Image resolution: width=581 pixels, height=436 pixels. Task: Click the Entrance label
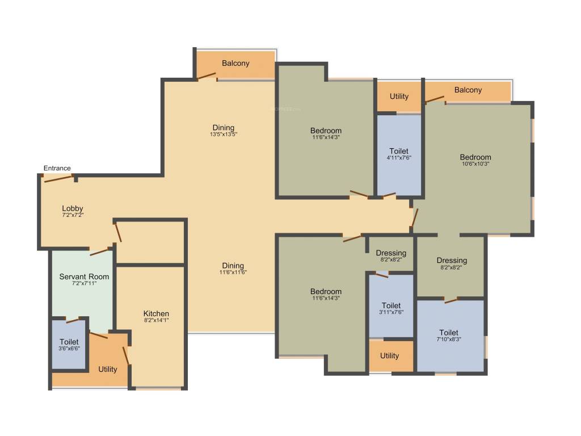[57, 168]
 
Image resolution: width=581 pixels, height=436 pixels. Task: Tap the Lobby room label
[73, 208]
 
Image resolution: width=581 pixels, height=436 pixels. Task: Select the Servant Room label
[84, 276]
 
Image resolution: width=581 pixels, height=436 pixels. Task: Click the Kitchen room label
[156, 313]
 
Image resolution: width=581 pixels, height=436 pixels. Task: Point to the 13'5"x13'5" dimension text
[223, 135]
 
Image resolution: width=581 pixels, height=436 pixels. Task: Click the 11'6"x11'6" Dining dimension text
[233, 272]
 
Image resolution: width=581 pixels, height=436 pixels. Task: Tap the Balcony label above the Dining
[235, 63]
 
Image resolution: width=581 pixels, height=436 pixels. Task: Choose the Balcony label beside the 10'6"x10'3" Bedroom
[468, 90]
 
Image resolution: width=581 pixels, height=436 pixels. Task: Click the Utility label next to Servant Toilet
[108, 369]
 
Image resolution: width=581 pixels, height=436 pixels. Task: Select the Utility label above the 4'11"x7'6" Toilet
[399, 97]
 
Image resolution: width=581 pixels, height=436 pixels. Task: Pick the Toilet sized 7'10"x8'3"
[449, 333]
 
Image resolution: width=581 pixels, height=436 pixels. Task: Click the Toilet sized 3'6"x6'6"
[69, 342]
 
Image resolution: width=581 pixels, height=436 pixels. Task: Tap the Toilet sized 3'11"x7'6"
[391, 305]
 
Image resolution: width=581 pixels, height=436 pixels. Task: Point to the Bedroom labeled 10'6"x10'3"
[475, 157]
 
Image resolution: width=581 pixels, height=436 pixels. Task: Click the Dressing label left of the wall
[391, 253]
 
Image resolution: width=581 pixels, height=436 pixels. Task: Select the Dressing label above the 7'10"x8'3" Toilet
[452, 261]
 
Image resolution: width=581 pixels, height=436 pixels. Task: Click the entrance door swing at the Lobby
[59, 179]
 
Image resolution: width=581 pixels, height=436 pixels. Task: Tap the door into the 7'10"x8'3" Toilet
[451, 300]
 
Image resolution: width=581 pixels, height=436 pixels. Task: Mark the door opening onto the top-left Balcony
[207, 77]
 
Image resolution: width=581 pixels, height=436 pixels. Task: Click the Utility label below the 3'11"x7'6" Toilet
[389, 355]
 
